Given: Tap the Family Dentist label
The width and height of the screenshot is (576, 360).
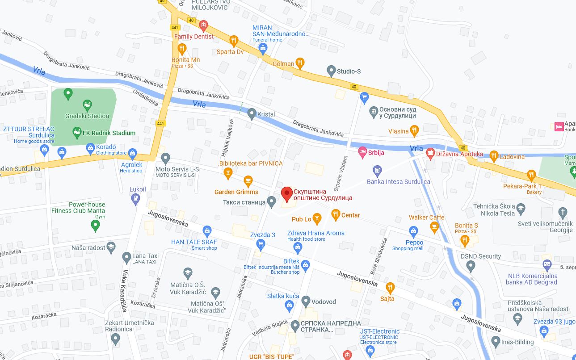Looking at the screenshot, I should coord(194,37).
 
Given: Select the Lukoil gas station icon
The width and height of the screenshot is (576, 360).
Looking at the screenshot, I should coord(136,200).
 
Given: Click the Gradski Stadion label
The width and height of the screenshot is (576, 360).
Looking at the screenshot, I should coord(87,116).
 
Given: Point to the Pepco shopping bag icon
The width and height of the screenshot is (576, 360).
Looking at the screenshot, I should coord(413,231).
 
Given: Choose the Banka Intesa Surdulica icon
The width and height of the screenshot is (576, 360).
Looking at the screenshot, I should coord(378,170).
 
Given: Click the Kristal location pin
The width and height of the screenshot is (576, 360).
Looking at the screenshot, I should coord(252,114).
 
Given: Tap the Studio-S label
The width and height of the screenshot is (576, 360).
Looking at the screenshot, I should coord(349,71).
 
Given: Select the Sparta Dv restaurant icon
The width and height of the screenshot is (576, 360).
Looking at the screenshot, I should coord(233,42).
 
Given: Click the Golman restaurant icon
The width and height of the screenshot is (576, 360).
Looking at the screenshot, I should coord(300,63).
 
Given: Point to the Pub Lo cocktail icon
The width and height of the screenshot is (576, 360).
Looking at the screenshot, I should coord(317,218).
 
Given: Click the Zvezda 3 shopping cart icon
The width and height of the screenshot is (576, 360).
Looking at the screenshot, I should coord(261,244).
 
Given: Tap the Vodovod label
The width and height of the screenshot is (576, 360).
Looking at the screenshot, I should coord(324,302).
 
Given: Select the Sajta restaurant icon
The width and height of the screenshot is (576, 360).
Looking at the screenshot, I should coord(390,287).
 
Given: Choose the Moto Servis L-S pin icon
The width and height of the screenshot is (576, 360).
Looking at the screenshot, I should coord(166,158).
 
